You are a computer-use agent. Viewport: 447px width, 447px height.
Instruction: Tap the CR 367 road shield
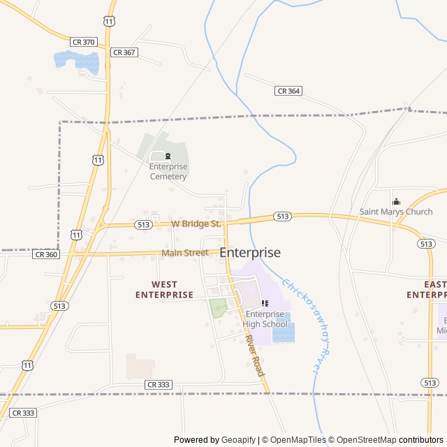tap(123, 52)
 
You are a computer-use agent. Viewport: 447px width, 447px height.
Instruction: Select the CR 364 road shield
tap(288, 91)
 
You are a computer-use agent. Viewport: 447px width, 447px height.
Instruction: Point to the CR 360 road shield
tap(46, 254)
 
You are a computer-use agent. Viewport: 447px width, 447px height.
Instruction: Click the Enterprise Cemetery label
tap(168, 171)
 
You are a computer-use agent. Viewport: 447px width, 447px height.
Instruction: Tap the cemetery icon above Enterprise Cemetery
tap(168, 156)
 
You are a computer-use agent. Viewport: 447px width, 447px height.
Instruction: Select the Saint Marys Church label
tap(396, 212)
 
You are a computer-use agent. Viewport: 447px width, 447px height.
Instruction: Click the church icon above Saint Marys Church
tap(396, 201)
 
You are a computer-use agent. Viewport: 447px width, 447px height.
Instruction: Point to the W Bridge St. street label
tap(196, 224)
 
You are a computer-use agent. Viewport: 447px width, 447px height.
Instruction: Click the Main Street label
tap(185, 253)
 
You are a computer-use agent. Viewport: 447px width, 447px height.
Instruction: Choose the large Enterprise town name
tap(250, 253)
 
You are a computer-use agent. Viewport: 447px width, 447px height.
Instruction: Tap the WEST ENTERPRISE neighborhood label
tap(164, 289)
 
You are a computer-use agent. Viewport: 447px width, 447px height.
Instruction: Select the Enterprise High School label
tap(265, 319)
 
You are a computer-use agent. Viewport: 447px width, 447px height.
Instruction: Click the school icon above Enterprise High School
tap(265, 303)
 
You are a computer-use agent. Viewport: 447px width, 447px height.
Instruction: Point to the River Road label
tap(254, 356)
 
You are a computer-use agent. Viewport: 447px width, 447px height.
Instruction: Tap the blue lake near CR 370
tap(76, 61)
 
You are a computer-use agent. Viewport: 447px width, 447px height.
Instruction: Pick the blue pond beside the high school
tap(284, 332)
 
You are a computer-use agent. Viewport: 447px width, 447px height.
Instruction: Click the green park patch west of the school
tap(219, 307)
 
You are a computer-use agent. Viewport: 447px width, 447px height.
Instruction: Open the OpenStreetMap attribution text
tap(362, 440)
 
